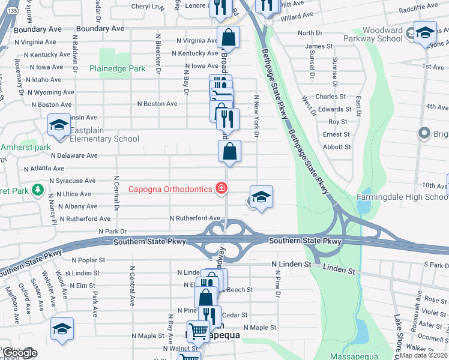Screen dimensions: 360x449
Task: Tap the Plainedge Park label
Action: coord(117,68)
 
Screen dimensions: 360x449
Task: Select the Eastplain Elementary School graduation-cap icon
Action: coord(59,125)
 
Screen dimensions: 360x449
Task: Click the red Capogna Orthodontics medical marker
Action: coord(221,189)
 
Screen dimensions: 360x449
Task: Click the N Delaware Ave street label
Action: coord(74,155)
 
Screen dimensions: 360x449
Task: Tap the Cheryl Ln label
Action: coord(148,7)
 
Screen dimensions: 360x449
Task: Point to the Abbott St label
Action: coord(336,146)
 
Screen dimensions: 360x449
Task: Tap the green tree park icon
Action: coord(37,190)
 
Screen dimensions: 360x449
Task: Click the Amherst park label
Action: coord(25,147)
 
